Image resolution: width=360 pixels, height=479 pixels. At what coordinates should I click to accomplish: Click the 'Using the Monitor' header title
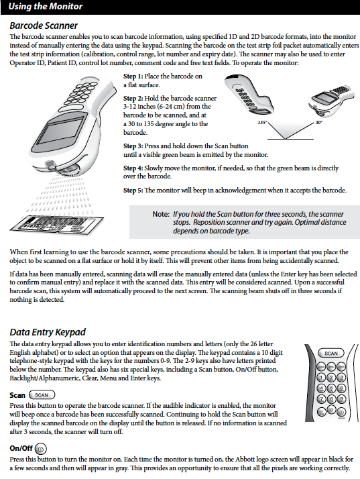tap(46, 7)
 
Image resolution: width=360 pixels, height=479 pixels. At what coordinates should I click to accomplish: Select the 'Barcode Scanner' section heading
tap(44, 25)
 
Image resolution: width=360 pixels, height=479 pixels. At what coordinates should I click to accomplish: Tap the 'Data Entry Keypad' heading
tap(48, 332)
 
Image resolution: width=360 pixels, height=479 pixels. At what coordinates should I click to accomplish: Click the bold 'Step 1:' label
tap(133, 76)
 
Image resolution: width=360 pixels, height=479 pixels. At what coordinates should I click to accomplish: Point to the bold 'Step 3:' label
tap(133, 146)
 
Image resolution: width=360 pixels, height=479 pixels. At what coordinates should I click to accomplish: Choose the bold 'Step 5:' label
tap(133, 191)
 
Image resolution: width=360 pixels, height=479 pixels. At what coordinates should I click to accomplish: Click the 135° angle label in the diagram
tap(262, 123)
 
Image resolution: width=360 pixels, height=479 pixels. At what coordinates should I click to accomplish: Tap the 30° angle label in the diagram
tap(318, 123)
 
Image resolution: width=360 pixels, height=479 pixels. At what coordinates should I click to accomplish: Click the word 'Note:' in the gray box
tap(161, 214)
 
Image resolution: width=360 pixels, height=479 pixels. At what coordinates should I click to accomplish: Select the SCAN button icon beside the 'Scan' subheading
tap(42, 395)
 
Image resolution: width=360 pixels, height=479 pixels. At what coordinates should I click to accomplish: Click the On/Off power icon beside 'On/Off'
tap(41, 449)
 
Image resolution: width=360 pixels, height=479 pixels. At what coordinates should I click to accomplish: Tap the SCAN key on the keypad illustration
tap(331, 353)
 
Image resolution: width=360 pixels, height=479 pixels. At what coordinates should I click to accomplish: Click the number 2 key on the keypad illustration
tap(331, 378)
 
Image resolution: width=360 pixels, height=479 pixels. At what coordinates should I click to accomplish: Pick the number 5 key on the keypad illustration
tap(331, 388)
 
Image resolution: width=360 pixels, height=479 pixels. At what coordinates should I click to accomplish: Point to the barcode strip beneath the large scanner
tap(57, 226)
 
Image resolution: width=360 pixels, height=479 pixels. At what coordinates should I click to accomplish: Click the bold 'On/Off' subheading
tap(21, 448)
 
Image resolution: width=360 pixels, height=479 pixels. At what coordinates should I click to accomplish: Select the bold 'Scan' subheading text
tap(17, 395)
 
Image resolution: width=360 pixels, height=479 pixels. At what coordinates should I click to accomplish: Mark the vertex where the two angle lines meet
tap(286, 140)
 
